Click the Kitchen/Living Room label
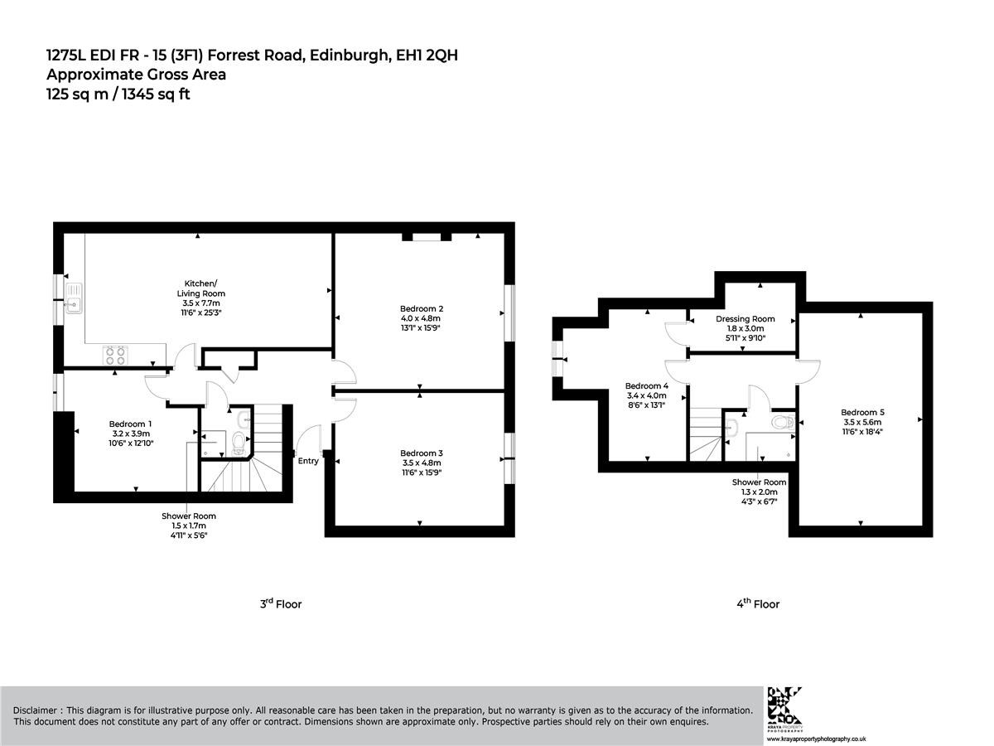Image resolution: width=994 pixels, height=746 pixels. click(x=200, y=288)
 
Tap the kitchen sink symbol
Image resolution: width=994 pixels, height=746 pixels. click(x=74, y=298)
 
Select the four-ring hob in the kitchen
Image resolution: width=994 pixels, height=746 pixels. click(x=115, y=355)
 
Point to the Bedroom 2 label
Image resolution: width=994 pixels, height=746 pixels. click(x=421, y=308)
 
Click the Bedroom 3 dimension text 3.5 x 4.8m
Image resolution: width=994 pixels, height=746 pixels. click(x=421, y=463)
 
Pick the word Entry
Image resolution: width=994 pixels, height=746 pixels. click(x=308, y=461)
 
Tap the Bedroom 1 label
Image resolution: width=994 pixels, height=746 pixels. click(x=130, y=424)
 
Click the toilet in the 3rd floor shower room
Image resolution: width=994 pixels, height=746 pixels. click(x=238, y=442)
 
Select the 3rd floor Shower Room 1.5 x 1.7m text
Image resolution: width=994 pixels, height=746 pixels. click(x=189, y=526)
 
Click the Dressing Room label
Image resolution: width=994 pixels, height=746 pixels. click(x=745, y=319)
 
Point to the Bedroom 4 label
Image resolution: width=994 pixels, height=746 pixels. click(x=647, y=386)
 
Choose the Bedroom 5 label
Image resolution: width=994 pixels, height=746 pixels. click(x=862, y=412)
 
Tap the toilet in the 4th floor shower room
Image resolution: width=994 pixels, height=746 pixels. click(x=783, y=422)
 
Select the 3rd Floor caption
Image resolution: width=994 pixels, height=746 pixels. click(x=281, y=603)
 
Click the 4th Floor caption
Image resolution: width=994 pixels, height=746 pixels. click(x=758, y=603)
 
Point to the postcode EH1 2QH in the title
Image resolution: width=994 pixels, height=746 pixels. click(x=427, y=56)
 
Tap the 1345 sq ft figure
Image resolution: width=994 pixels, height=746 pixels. click(x=157, y=94)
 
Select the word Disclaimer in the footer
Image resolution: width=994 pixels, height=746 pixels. click(x=35, y=710)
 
